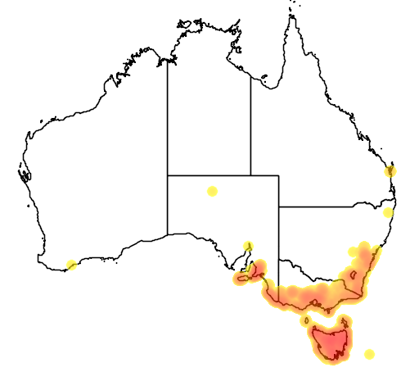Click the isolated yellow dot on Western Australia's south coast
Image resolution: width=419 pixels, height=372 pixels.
pyautogui.click(x=72, y=264)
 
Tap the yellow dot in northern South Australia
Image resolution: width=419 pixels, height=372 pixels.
pyautogui.click(x=212, y=191)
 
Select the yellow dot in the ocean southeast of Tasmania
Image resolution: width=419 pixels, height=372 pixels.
pyautogui.click(x=369, y=354)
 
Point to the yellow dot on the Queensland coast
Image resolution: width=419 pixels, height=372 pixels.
pyautogui.click(x=391, y=170)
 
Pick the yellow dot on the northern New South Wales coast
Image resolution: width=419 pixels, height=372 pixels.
pyautogui.click(x=389, y=212)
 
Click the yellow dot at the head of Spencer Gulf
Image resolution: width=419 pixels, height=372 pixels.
pyautogui.click(x=248, y=245)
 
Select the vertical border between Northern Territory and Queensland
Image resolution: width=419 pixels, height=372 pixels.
pyautogui.click(x=250, y=123)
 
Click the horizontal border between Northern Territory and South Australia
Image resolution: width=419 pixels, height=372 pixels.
pyautogui.click(x=209, y=175)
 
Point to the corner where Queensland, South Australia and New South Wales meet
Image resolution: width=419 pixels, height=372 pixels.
pyautogui.click(x=279, y=206)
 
